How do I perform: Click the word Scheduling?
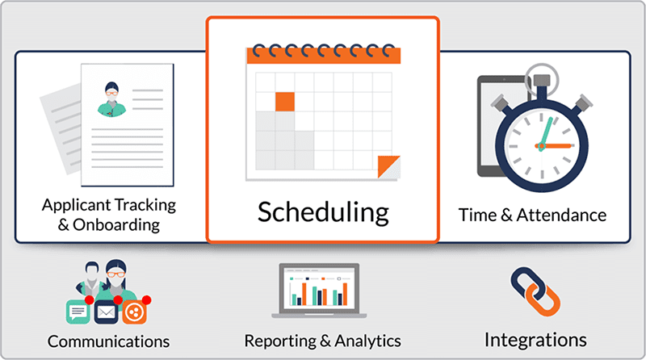[x=323, y=212]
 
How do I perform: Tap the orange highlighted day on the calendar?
[x=285, y=102]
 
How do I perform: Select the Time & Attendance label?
[x=532, y=215]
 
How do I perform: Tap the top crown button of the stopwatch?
[x=542, y=82]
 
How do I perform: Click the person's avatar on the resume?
[x=111, y=99]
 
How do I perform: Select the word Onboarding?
[x=116, y=225]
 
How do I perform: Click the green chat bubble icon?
[x=78, y=312]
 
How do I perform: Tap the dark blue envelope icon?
[x=107, y=312]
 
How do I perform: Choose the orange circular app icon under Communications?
[x=134, y=312]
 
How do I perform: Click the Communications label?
[x=108, y=341]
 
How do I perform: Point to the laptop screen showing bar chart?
[x=319, y=290]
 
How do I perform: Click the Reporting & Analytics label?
[x=322, y=341]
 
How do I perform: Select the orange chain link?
[x=542, y=299]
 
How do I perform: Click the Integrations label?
[x=535, y=341]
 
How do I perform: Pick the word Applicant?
[x=77, y=206]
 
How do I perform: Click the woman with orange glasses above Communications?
[x=116, y=280]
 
